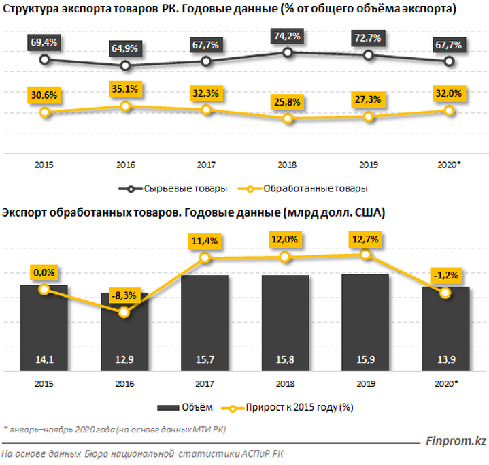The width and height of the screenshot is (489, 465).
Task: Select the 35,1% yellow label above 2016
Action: [124, 88]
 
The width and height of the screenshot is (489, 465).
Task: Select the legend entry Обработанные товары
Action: [307, 189]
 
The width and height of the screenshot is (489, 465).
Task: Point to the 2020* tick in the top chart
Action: [448, 165]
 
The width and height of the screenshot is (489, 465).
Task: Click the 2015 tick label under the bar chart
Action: [44, 383]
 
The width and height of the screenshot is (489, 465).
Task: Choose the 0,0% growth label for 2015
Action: [44, 272]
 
